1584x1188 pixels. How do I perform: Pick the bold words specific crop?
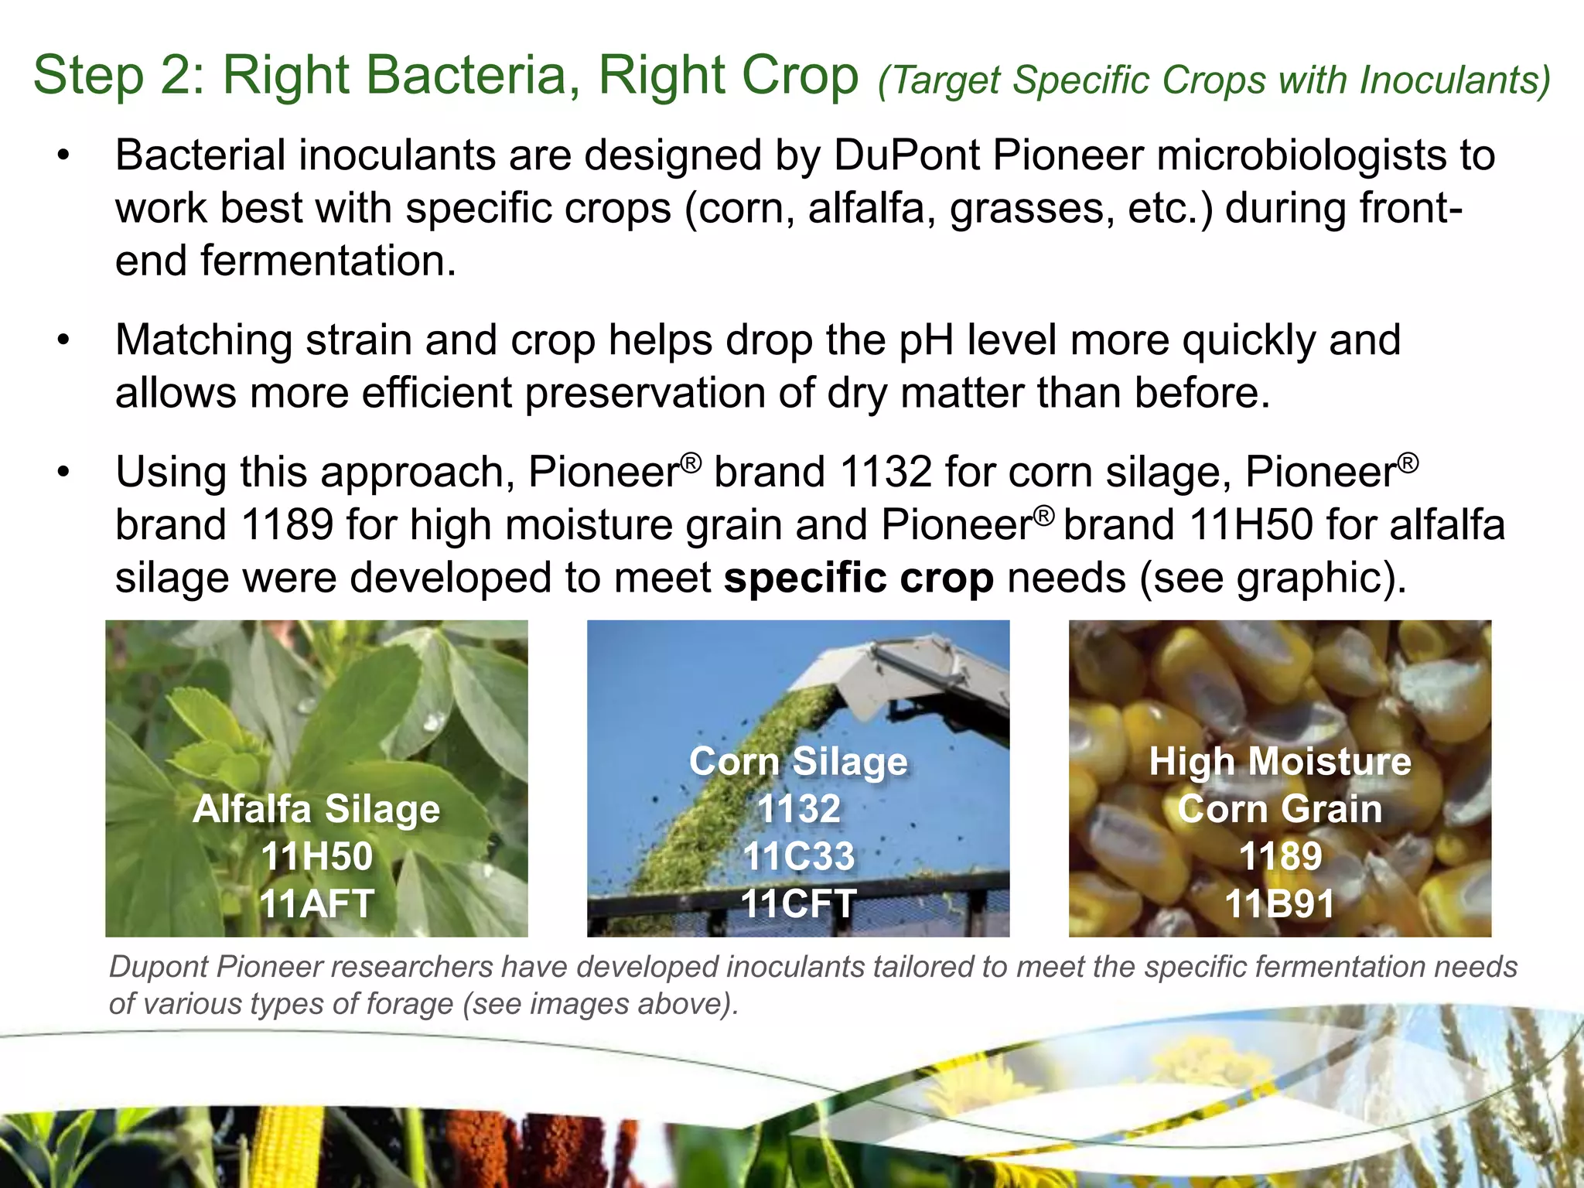[859, 578]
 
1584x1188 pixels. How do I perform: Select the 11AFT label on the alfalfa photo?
[316, 903]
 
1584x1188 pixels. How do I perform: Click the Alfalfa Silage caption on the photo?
[316, 809]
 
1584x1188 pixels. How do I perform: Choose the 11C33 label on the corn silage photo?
[798, 856]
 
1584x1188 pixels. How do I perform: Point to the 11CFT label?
[798, 903]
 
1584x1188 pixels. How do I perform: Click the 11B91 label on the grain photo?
[1280, 903]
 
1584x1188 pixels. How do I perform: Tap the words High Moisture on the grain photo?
[1280, 762]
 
